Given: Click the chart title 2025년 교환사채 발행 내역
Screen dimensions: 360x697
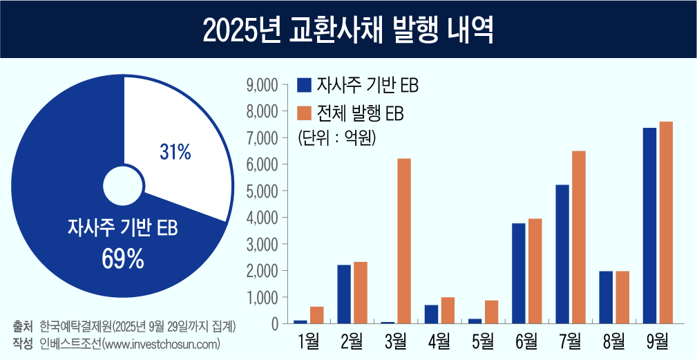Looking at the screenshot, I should coord(348,30).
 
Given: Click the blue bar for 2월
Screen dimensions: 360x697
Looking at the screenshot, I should coord(344,294).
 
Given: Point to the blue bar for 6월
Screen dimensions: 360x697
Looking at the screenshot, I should coord(518,273).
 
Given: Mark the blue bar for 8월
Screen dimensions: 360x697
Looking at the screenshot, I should coord(606,297).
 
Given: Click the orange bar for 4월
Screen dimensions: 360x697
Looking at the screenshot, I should coord(448,310).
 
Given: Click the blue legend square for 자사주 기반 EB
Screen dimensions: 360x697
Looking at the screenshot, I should coord(304,85).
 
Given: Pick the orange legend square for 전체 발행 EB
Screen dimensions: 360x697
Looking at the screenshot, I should coord(304,113).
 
